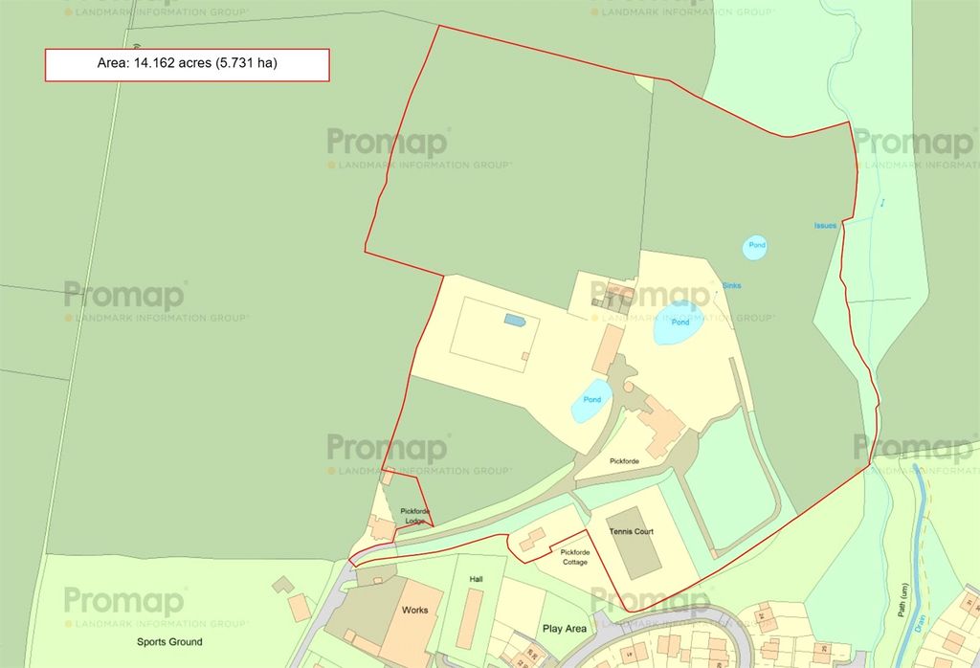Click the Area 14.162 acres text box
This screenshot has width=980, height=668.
click(x=188, y=65)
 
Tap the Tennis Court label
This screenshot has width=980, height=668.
click(x=632, y=530)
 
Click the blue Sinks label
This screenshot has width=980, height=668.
click(x=731, y=285)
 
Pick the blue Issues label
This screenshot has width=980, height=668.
click(x=825, y=226)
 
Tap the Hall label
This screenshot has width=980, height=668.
click(x=477, y=580)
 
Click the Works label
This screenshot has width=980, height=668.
click(x=415, y=610)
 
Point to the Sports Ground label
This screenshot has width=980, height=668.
click(x=169, y=642)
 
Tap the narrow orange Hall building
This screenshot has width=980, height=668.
click(x=469, y=618)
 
